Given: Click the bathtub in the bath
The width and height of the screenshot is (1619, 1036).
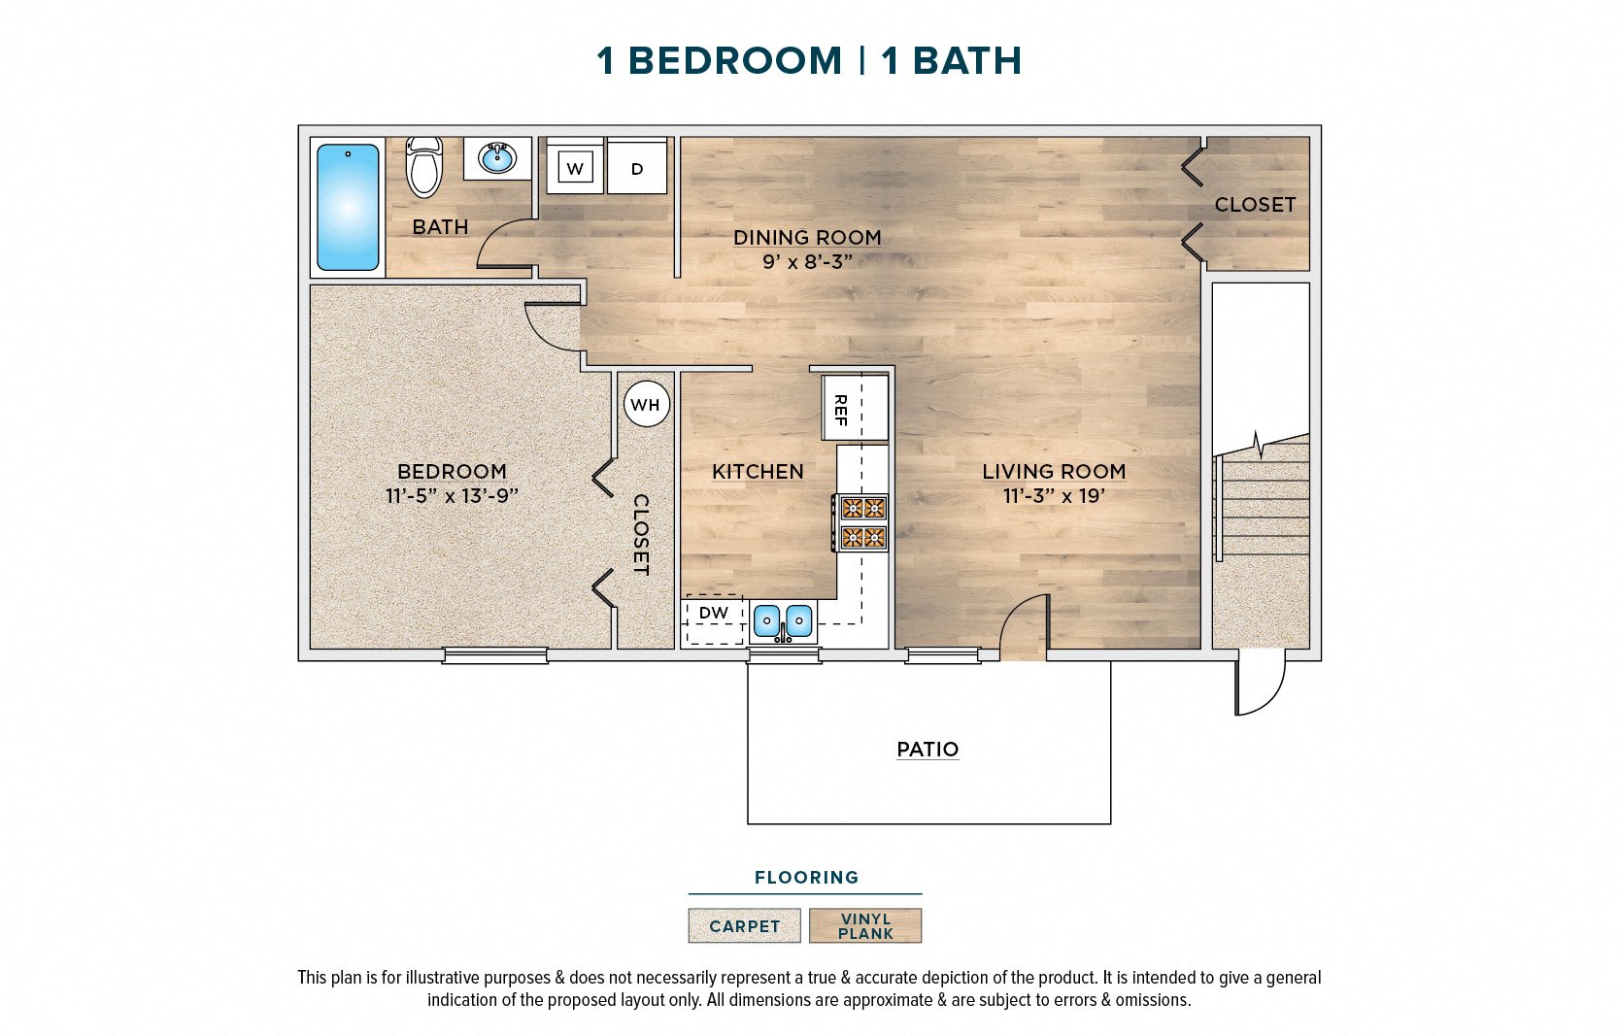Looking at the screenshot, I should coord(347,207).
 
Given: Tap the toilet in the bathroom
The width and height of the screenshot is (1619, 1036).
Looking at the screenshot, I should coord(423,167).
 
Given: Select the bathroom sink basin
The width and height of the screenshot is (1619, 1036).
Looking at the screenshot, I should coord(497,158).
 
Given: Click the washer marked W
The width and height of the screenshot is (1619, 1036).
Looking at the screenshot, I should coord(575,169).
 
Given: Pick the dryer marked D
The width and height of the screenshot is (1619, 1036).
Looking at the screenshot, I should coord(637,169).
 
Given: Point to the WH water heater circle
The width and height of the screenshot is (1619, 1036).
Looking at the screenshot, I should coord(647,404).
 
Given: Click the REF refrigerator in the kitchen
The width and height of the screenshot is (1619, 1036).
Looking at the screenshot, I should coord(855,408).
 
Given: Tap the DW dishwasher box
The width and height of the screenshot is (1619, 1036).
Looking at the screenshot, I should coord(714,619).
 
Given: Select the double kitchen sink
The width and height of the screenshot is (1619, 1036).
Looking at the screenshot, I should coord(783,620).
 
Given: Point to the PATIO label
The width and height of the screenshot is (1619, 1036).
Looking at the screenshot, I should coord(928,750).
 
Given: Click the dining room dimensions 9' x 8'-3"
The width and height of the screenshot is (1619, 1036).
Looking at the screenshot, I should coord(807,261).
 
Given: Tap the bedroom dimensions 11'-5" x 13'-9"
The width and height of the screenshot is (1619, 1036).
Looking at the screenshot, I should coord(452,496).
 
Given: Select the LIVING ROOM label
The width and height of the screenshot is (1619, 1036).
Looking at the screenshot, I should coord(1054,472).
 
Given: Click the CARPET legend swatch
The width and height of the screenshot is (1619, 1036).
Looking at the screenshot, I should coord(744,926).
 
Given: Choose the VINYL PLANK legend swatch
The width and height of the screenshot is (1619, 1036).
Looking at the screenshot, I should coord(865,926).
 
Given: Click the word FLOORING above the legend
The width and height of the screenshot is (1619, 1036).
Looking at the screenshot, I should coord(806,878).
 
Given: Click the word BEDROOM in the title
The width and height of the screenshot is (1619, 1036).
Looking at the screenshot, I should coord(735,61).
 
